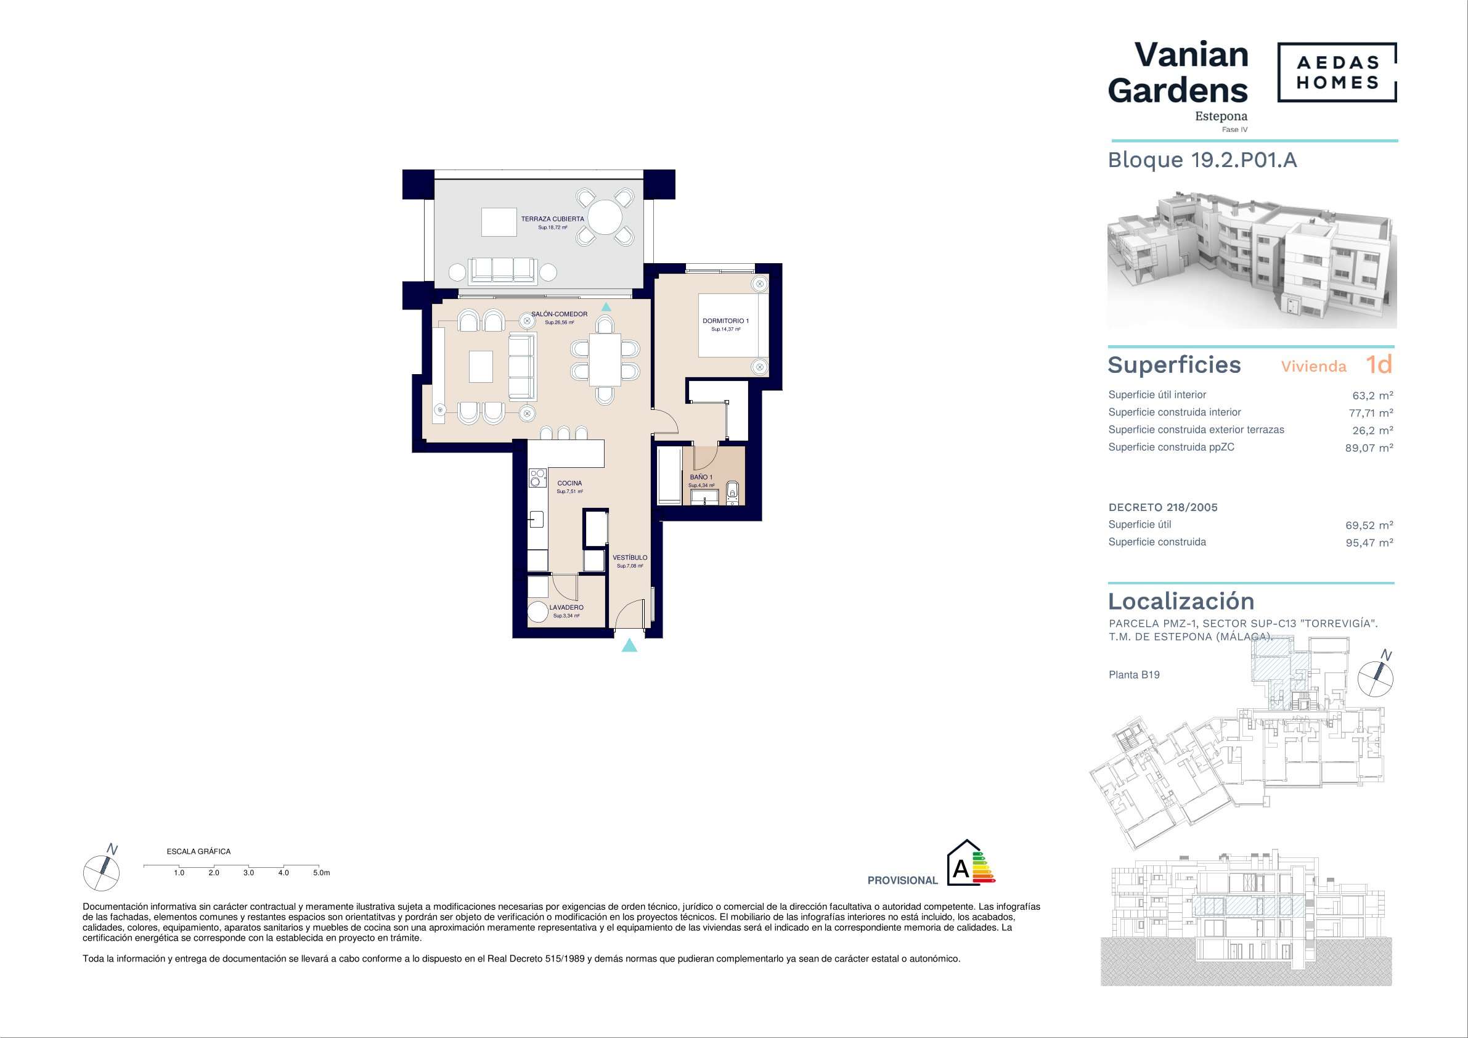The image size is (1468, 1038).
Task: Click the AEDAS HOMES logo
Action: point(1337,72)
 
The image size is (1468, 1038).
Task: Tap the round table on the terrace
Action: point(605,218)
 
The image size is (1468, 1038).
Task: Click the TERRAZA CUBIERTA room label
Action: point(552,219)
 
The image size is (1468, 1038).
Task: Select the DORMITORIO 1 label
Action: point(726,321)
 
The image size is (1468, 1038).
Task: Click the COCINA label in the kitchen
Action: point(569,483)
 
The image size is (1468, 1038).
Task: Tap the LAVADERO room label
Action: point(566,608)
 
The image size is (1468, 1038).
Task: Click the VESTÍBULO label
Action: point(630,558)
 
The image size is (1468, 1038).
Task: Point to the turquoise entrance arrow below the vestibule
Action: point(630,645)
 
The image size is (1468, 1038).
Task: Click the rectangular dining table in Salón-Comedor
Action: point(605,360)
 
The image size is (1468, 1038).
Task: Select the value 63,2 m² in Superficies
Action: point(1372,396)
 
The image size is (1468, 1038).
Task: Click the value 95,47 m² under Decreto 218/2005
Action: point(1369,543)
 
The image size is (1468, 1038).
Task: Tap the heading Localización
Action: point(1181,601)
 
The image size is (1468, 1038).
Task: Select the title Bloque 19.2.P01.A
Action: point(1202,160)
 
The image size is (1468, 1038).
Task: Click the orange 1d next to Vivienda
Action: point(1379,364)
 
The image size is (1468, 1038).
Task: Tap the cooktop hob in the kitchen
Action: point(537,478)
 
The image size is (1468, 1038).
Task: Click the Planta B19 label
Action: point(1134,675)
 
